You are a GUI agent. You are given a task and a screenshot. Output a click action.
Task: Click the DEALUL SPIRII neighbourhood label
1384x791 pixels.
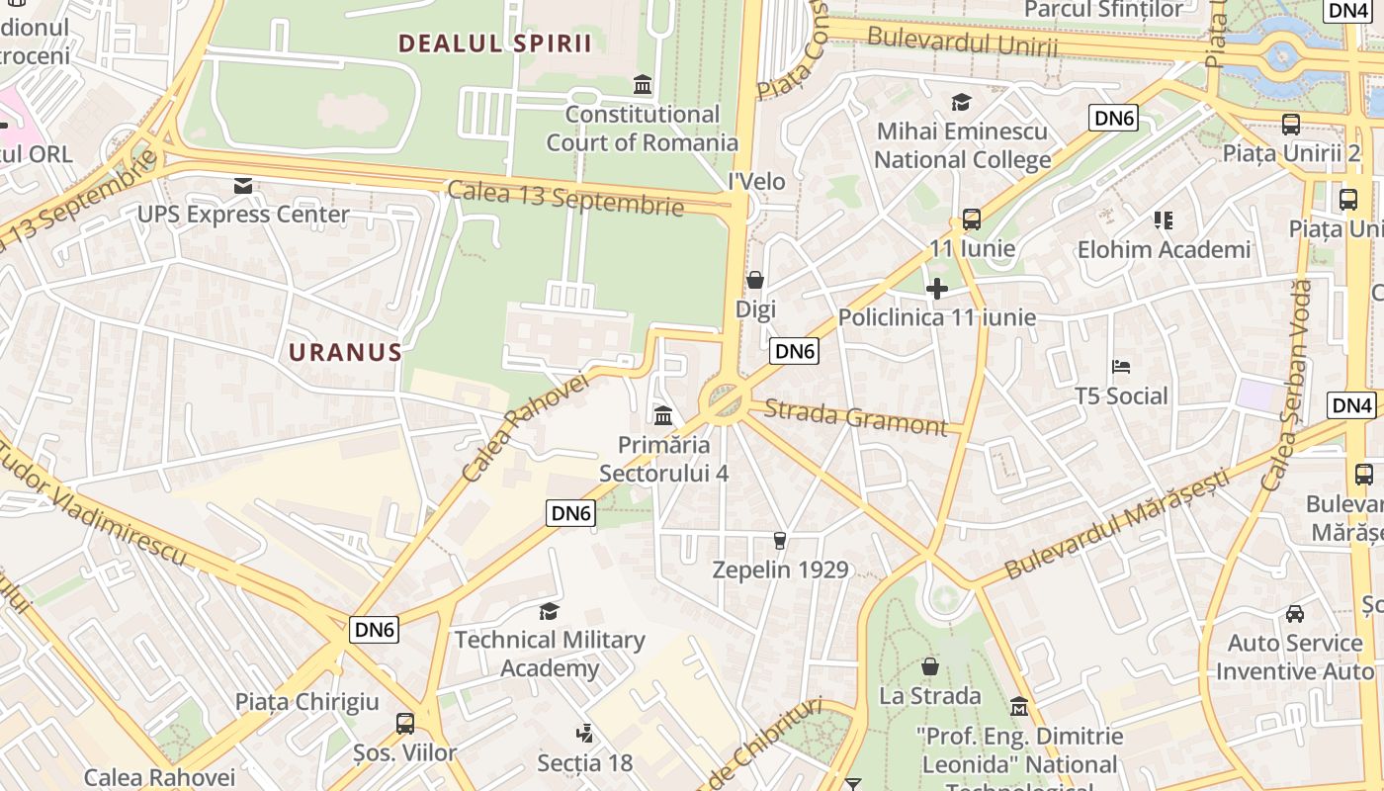point(494,44)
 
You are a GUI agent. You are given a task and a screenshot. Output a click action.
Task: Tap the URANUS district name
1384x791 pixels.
point(345,352)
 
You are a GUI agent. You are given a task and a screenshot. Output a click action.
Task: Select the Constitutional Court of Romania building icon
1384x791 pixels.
point(643,85)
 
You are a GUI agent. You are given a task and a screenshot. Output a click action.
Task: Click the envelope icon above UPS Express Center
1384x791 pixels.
point(243,186)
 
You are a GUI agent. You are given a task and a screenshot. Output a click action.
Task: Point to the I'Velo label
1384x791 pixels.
point(756,181)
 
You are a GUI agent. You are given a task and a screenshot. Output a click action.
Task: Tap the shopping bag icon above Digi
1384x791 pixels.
point(755,281)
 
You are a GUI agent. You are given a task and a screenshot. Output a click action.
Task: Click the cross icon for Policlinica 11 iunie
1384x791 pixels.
point(936,289)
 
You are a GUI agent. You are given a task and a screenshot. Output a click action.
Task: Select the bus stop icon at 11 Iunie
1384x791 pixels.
point(971,220)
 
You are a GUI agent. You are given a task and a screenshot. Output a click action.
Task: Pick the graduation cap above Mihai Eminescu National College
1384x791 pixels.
point(961,103)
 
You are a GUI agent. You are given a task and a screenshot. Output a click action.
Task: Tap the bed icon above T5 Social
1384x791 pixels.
point(1121,368)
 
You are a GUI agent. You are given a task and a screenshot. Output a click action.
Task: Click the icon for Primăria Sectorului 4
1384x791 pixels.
point(663,415)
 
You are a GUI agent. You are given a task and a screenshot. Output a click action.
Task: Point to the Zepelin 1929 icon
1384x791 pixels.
point(780,541)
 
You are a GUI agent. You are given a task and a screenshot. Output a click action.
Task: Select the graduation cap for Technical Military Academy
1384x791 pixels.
point(549,611)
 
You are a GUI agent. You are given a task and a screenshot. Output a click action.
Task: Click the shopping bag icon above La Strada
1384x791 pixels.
point(929,666)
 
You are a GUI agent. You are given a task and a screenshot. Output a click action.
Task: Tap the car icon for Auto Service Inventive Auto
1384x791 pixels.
point(1294,614)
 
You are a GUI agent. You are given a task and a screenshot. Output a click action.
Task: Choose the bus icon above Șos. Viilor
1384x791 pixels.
point(405,724)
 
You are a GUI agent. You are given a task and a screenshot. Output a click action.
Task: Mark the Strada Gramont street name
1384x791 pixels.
point(856,416)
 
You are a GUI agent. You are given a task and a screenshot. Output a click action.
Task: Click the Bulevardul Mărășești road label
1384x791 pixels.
point(1117,524)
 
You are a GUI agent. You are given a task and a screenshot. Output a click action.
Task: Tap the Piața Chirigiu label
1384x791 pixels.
point(306,702)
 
